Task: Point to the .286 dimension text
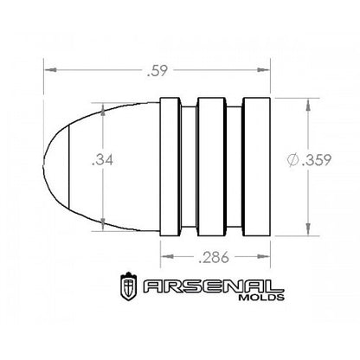pyautogui.click(x=215, y=257)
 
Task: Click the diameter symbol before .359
pyautogui.click(x=295, y=161)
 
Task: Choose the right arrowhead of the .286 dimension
pyautogui.click(x=267, y=257)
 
